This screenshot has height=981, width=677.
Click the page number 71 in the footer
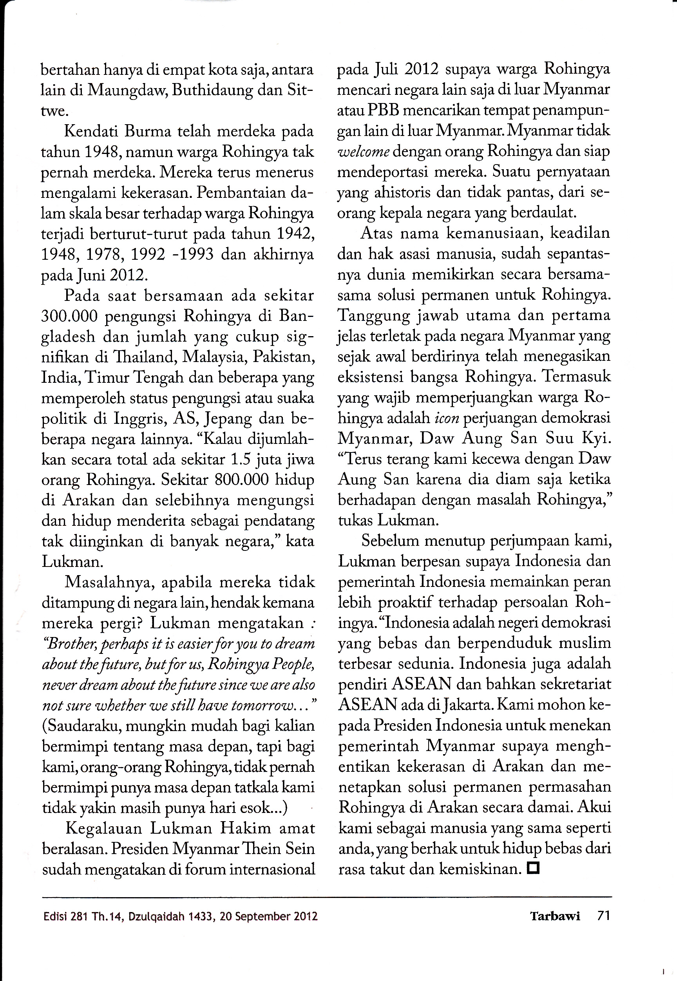[603, 916]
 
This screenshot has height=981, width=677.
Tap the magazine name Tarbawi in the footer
[554, 916]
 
